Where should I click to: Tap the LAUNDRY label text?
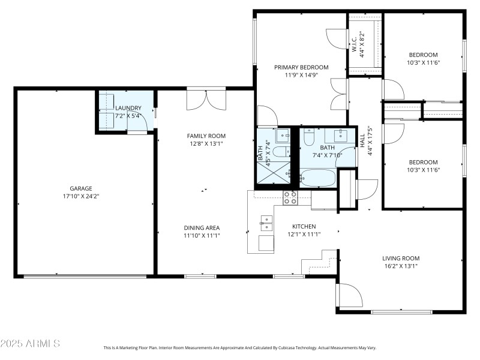point(128,108)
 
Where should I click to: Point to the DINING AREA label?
point(202,227)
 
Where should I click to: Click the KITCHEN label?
point(304,226)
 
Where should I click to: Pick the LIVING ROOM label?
point(401,258)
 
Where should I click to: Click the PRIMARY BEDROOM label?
point(301,67)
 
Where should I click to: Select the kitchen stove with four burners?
point(290,198)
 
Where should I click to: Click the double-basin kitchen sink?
point(266,224)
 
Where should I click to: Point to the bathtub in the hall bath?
point(317,178)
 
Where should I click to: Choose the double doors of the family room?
point(206,99)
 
